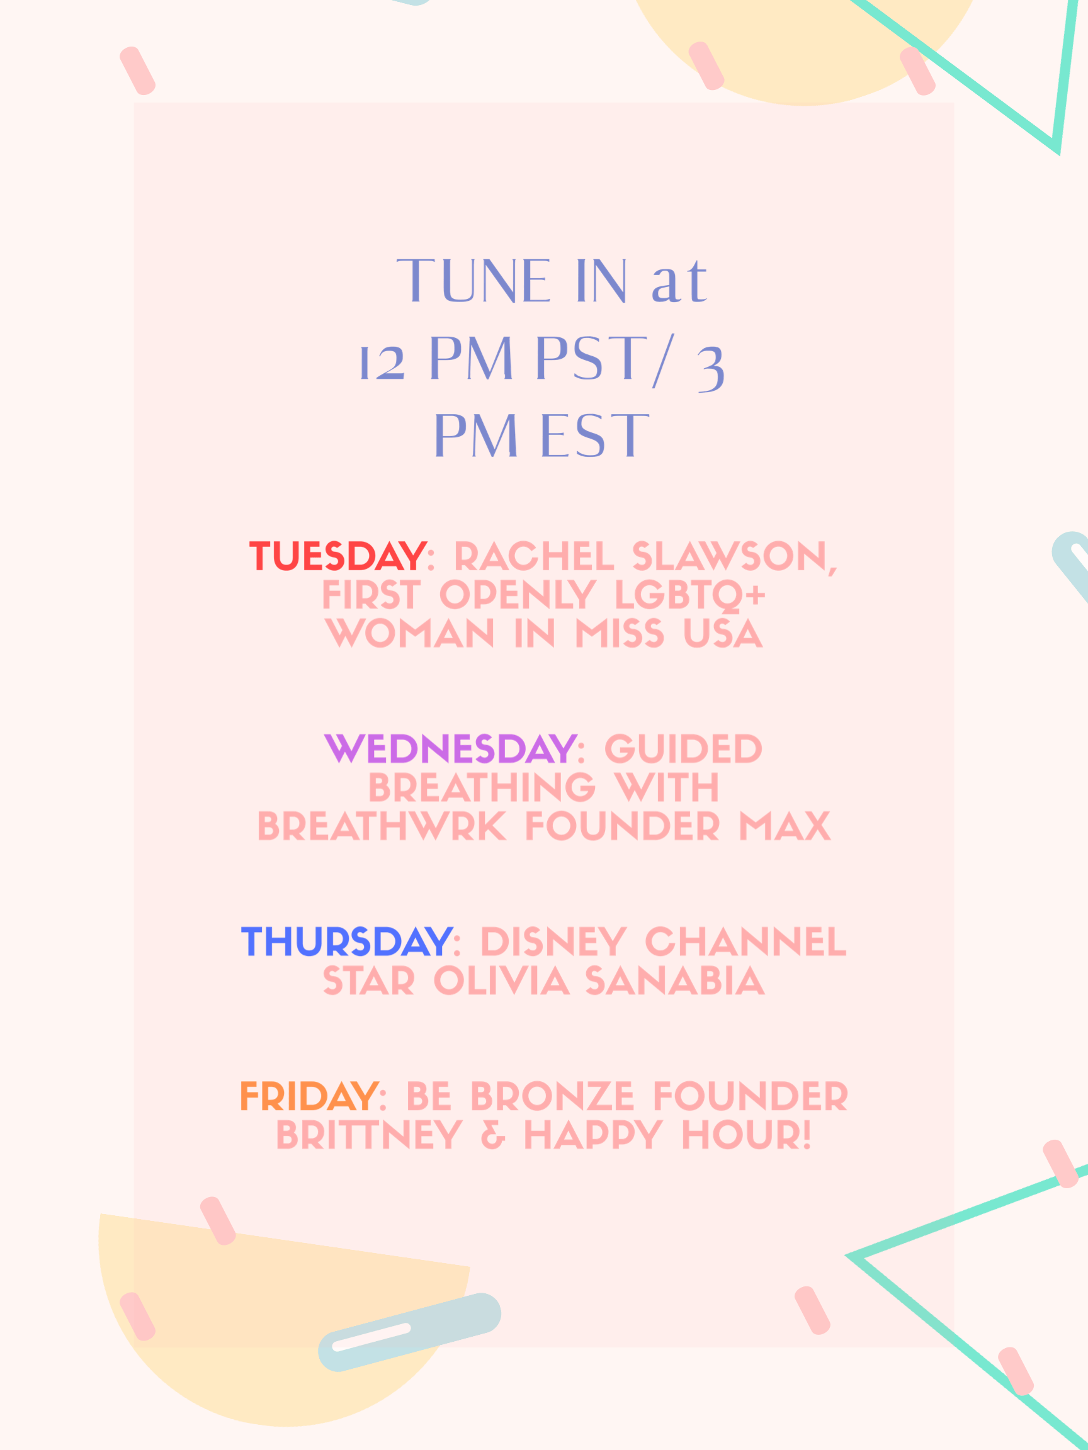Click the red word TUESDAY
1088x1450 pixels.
pyautogui.click(x=337, y=556)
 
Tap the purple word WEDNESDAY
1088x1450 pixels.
pyautogui.click(x=451, y=748)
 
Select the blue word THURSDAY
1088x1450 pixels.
pyautogui.click(x=347, y=942)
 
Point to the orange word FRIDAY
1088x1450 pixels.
pyautogui.click(x=309, y=1097)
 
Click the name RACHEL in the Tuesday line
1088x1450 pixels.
pyautogui.click(x=534, y=556)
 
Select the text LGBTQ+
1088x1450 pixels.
pyautogui.click(x=690, y=595)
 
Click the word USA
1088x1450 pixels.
pyautogui.click(x=723, y=634)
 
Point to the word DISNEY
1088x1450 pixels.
pyautogui.click(x=553, y=942)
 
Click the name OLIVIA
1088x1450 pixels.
pyautogui.click(x=501, y=981)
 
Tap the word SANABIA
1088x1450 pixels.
pyautogui.click(x=675, y=981)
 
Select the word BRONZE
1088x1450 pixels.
pyautogui.click(x=552, y=1097)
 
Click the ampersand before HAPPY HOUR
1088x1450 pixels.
pyautogui.click(x=493, y=1135)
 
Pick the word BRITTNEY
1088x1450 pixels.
pyautogui.click(x=369, y=1135)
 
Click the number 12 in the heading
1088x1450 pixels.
pyautogui.click(x=382, y=362)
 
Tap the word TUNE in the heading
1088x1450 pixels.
pyautogui.click(x=473, y=281)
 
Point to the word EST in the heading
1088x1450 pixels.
pyautogui.click(x=595, y=436)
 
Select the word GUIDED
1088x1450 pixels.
pyautogui.click(x=683, y=748)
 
